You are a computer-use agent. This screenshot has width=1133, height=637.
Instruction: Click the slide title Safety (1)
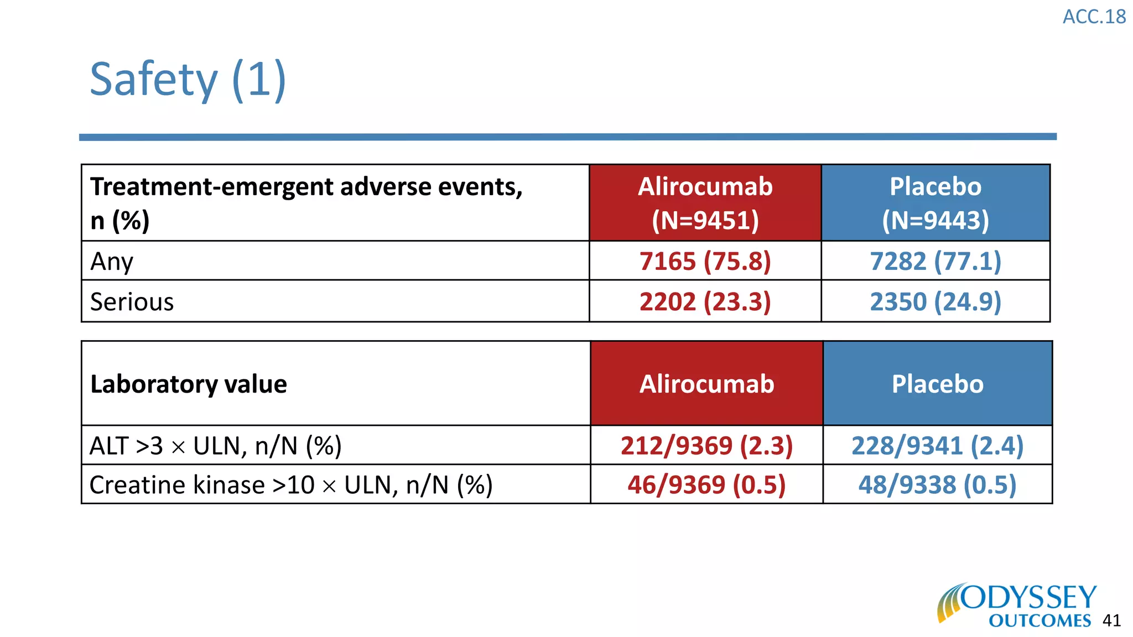(x=188, y=80)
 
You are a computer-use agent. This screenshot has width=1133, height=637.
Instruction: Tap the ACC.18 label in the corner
(x=1094, y=17)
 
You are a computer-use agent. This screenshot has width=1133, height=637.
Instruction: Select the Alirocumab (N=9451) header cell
(x=705, y=203)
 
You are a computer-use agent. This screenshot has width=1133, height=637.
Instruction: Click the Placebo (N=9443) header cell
(x=935, y=203)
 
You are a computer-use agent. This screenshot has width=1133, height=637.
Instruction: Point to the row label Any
(x=112, y=261)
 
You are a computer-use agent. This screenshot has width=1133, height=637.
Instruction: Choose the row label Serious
(x=132, y=302)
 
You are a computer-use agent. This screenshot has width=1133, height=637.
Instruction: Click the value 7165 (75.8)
(x=705, y=261)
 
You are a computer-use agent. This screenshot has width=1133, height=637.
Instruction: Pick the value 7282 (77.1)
(x=935, y=261)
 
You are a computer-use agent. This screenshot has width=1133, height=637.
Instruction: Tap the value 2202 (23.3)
(x=705, y=302)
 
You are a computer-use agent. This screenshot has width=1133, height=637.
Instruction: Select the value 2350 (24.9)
(x=935, y=302)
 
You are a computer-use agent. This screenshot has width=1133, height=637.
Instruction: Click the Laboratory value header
(x=189, y=384)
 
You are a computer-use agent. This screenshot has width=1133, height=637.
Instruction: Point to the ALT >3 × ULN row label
(x=215, y=446)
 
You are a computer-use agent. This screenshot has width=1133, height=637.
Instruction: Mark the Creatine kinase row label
(x=290, y=485)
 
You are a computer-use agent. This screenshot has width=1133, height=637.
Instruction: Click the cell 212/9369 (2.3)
(x=706, y=446)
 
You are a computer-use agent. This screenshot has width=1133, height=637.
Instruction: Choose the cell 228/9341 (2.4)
(x=937, y=446)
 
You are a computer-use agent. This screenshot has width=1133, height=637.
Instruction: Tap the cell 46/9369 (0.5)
(x=706, y=485)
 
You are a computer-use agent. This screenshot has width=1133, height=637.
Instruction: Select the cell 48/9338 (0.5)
(x=937, y=485)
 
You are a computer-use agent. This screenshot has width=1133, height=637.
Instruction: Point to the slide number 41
(x=1111, y=620)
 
